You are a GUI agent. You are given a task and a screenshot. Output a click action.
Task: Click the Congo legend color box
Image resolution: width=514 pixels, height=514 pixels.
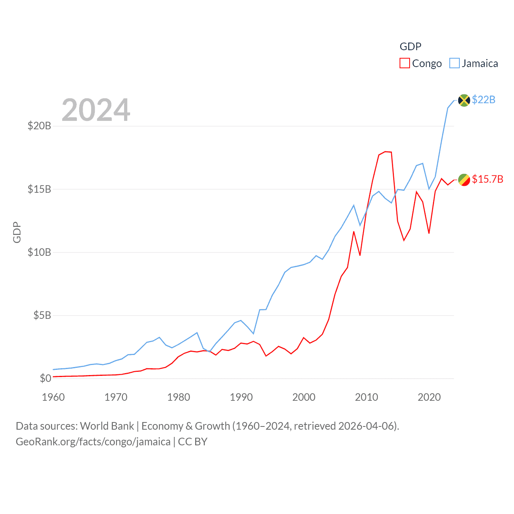coord(405,63)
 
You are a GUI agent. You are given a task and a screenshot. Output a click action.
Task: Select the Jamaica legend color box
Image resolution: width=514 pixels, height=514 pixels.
coord(455,63)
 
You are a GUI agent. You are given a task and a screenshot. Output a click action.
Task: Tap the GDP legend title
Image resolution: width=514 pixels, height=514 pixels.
coord(410,47)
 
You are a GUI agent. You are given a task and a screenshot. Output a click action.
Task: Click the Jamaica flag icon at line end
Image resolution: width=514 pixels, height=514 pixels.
coord(464,100)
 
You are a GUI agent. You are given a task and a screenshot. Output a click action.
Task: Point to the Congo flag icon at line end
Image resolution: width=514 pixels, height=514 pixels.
coord(464,179)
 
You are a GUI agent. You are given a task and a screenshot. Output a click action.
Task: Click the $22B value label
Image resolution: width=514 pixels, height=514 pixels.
coord(483,100)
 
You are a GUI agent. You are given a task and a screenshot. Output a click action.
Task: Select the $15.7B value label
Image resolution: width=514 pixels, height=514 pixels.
coord(487,179)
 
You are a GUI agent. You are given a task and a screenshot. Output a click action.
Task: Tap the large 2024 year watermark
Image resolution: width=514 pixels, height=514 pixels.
coord(96,110)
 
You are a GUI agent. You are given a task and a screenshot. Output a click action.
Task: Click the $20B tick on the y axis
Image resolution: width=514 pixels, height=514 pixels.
coord(39,126)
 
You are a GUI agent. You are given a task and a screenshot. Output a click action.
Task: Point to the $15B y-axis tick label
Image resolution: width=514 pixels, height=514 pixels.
coord(39,189)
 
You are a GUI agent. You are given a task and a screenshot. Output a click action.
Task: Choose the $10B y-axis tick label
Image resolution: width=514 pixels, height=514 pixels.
coord(39,252)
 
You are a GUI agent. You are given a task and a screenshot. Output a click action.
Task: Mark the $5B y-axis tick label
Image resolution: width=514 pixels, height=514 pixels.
coord(42,315)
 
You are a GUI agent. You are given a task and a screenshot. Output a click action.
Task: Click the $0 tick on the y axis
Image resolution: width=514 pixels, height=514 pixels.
coord(45,378)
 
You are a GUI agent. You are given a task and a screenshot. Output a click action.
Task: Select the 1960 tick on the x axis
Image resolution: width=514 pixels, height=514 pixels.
coord(53,397)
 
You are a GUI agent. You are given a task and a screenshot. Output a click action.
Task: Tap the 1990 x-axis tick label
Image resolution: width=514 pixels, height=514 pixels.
coord(241,397)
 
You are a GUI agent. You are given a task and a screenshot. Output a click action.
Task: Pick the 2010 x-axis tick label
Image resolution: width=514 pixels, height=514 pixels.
coord(367,397)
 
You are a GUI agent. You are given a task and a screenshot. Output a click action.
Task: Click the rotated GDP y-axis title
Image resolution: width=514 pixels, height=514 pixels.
coord(17,232)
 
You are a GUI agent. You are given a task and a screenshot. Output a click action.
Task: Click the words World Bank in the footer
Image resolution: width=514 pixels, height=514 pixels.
coord(107,426)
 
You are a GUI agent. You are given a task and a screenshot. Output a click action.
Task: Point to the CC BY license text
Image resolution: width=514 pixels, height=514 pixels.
coord(193,442)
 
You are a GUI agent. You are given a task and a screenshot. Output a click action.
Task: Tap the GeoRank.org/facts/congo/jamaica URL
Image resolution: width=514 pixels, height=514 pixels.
coord(93,442)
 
